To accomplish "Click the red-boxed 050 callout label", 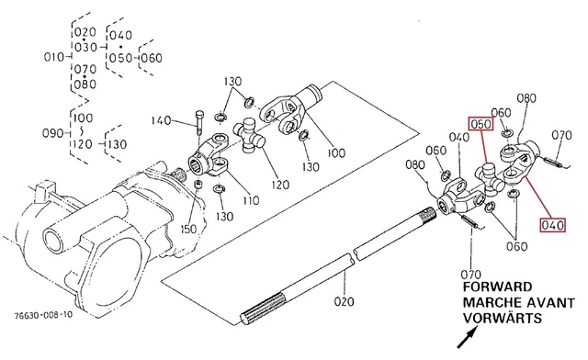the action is [x=481, y=124].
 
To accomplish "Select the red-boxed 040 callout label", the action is [x=553, y=225].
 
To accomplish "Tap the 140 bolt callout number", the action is [x=162, y=120].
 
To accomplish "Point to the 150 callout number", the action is [x=188, y=229].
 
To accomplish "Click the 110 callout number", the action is [x=251, y=200].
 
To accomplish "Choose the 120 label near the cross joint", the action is [x=279, y=185].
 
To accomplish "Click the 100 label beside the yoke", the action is [x=336, y=152].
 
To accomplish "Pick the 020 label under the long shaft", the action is [x=344, y=301].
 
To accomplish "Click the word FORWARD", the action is [x=497, y=287].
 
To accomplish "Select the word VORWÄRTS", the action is [x=503, y=318].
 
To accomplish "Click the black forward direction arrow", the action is [x=468, y=338].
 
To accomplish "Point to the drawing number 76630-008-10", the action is [x=43, y=315].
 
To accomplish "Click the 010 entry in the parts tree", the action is [x=54, y=57].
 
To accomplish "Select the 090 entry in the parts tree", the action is [x=52, y=133].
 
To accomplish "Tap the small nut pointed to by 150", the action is [x=198, y=184].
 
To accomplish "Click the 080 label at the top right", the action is [x=526, y=98].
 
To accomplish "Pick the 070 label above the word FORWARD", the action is [x=470, y=275].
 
